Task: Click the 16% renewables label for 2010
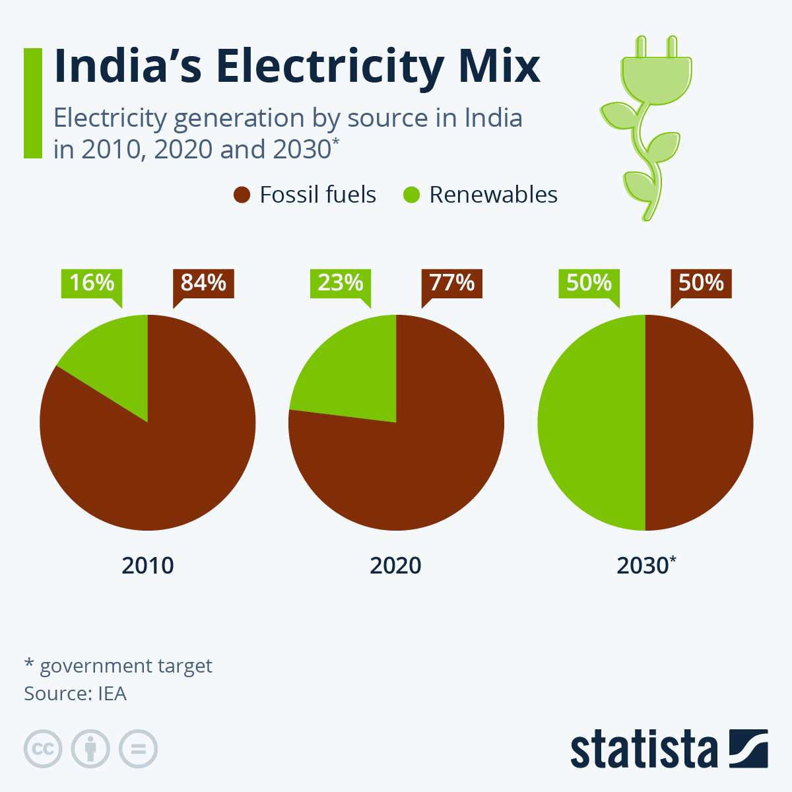point(92,283)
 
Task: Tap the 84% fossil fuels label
point(203,283)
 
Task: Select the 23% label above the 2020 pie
point(341,283)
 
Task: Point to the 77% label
point(452,283)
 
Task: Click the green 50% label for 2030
point(589,283)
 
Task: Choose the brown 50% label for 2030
point(701,283)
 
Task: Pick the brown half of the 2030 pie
point(700,422)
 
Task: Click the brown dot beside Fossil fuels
point(242,195)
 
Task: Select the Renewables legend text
point(493,195)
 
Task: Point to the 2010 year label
point(148,566)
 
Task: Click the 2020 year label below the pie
point(396,566)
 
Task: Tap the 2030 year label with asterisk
point(646,566)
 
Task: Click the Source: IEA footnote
point(75,694)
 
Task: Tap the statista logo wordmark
point(643,750)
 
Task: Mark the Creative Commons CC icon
point(43,749)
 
